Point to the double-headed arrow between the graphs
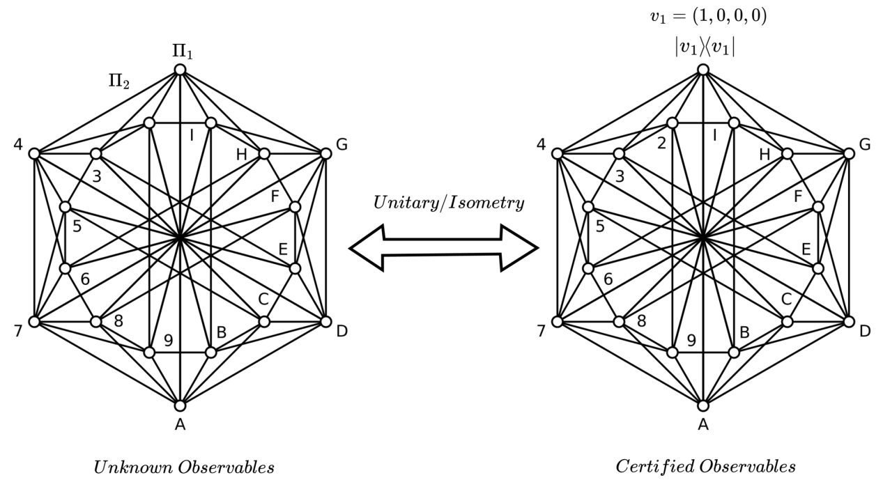coord(443,247)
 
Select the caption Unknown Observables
coord(184,466)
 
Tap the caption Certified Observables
coord(705,466)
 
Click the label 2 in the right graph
coord(661,144)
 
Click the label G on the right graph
coord(866,145)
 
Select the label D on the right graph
coord(865,331)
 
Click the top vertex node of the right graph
coord(703,70)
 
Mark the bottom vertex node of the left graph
coord(180,405)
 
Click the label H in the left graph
coord(242,155)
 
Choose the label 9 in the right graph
coord(691,340)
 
